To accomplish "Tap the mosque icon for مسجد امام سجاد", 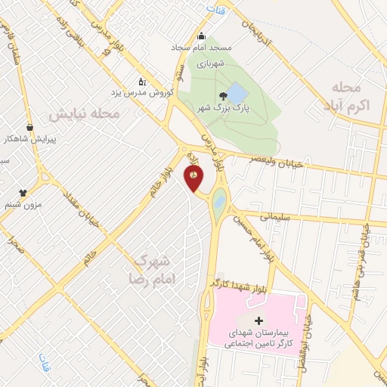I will tap(201, 36).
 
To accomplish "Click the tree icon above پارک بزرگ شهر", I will tap(222, 95).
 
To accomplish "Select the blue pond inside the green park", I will tap(237, 94).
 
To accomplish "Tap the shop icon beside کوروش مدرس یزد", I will tap(141, 81).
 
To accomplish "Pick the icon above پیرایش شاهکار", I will tap(29, 128).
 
